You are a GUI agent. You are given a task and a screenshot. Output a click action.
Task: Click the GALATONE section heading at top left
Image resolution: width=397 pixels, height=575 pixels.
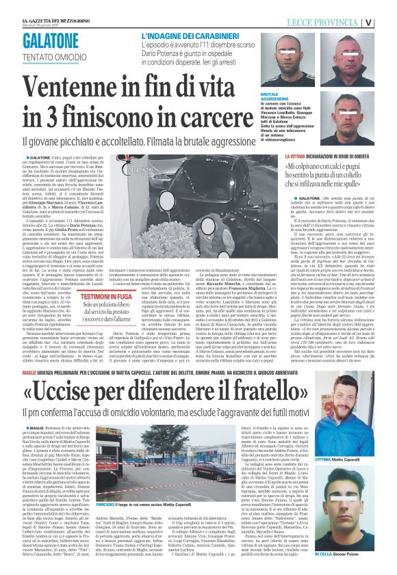click(x=51, y=42)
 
